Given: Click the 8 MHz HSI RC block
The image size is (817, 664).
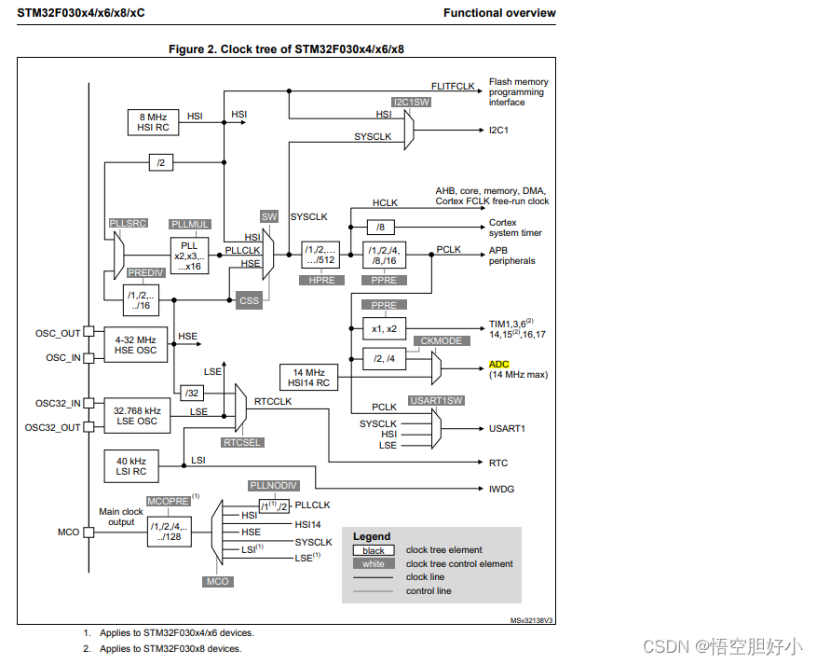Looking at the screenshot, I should (x=153, y=121).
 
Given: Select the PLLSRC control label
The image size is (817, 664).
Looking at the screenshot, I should (x=127, y=224).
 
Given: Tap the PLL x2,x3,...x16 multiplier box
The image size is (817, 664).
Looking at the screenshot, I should (x=190, y=254).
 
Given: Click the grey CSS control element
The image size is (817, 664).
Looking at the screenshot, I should (x=248, y=301).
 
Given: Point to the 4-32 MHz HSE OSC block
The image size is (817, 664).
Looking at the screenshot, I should (x=136, y=345).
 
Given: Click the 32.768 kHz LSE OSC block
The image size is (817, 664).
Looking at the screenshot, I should (x=136, y=416).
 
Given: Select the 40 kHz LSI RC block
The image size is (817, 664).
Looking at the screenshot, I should (x=130, y=464).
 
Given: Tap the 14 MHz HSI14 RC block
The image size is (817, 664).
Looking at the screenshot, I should (x=309, y=378).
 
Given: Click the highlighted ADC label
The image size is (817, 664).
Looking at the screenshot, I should (x=499, y=365).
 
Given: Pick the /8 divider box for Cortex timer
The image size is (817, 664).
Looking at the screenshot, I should (x=378, y=227).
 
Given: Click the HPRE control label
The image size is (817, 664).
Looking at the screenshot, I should (x=320, y=280).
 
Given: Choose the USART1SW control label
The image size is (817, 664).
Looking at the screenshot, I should (x=436, y=400).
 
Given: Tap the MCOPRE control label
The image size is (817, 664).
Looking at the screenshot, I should (x=169, y=501).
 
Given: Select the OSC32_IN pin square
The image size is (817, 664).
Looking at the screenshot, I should (x=89, y=404).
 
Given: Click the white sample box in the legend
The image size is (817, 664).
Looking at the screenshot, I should (x=374, y=564).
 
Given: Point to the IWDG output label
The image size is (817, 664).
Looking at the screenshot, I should (x=501, y=489).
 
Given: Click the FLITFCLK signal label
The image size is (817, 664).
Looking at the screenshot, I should (x=454, y=86).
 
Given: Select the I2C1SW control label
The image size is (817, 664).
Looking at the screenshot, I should (x=411, y=103).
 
